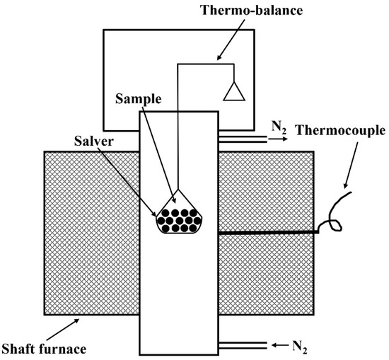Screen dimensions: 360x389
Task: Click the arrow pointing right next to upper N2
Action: [x=260, y=141]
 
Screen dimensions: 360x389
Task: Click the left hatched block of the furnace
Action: [x=91, y=233]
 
